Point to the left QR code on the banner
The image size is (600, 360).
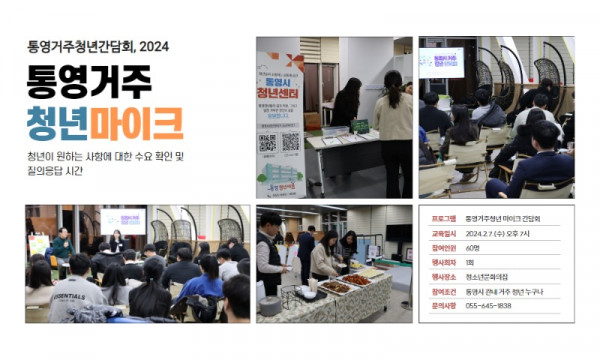click(x=268, y=142)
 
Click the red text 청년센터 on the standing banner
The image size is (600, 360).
click(x=279, y=98)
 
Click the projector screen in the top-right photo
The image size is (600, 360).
click(x=441, y=62)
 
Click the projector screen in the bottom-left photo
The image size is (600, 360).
click(x=123, y=220)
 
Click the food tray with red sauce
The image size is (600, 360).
click(x=336, y=287)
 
